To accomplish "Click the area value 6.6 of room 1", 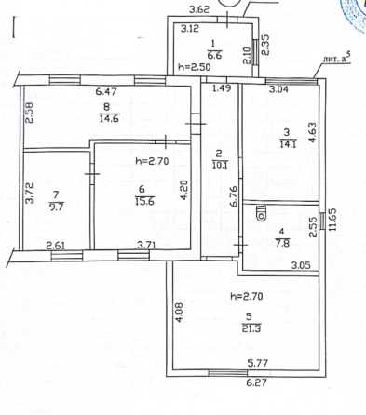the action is [x=216, y=55].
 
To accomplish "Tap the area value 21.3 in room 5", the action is [x=251, y=328].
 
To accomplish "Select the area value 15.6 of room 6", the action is [x=144, y=201].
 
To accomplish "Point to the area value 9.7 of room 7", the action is [x=56, y=206].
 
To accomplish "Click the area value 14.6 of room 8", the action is [x=109, y=118].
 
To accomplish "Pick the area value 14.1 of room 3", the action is [x=288, y=144].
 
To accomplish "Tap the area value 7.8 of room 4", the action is [x=282, y=243].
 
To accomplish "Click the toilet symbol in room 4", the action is [x=261, y=212].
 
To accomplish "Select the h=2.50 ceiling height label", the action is [x=195, y=67].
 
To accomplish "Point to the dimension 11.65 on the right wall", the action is [x=332, y=220].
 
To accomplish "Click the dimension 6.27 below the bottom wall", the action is [x=256, y=382].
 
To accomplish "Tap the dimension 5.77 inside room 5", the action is [x=258, y=363].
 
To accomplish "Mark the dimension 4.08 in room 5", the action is [x=181, y=313].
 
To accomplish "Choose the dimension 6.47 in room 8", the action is [x=106, y=91].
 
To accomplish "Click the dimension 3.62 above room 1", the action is [x=199, y=9].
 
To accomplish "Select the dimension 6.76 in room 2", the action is [x=235, y=195].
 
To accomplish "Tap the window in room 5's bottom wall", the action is [x=228, y=373].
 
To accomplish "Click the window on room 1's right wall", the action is [x=255, y=52].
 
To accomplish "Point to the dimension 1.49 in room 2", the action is [x=222, y=88].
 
